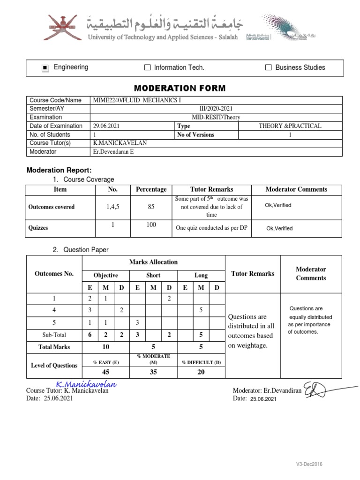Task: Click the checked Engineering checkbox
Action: pyautogui.click(x=45, y=68)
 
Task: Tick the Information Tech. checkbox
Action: pyautogui.click(x=148, y=68)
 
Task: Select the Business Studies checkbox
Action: pyautogui.click(x=269, y=68)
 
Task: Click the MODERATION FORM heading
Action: pyautogui.click(x=180, y=88)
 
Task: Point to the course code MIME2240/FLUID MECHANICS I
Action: pyautogui.click(x=137, y=100)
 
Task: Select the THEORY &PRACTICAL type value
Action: pyautogui.click(x=290, y=126)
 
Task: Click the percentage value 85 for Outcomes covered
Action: pyautogui.click(x=151, y=207)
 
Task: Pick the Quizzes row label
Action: pyautogui.click(x=38, y=228)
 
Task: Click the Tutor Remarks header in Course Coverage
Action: pyautogui.click(x=211, y=189)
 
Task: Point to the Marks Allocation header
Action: pyautogui.click(x=153, y=262)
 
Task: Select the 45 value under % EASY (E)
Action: pyautogui.click(x=106, y=372)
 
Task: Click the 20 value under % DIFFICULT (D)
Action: pyautogui.click(x=201, y=372)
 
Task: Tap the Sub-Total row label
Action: pyautogui.click(x=54, y=335)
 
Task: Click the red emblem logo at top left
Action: pyautogui.click(x=61, y=27)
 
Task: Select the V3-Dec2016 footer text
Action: pyautogui.click(x=309, y=464)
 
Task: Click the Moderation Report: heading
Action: pyautogui.click(x=59, y=170)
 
